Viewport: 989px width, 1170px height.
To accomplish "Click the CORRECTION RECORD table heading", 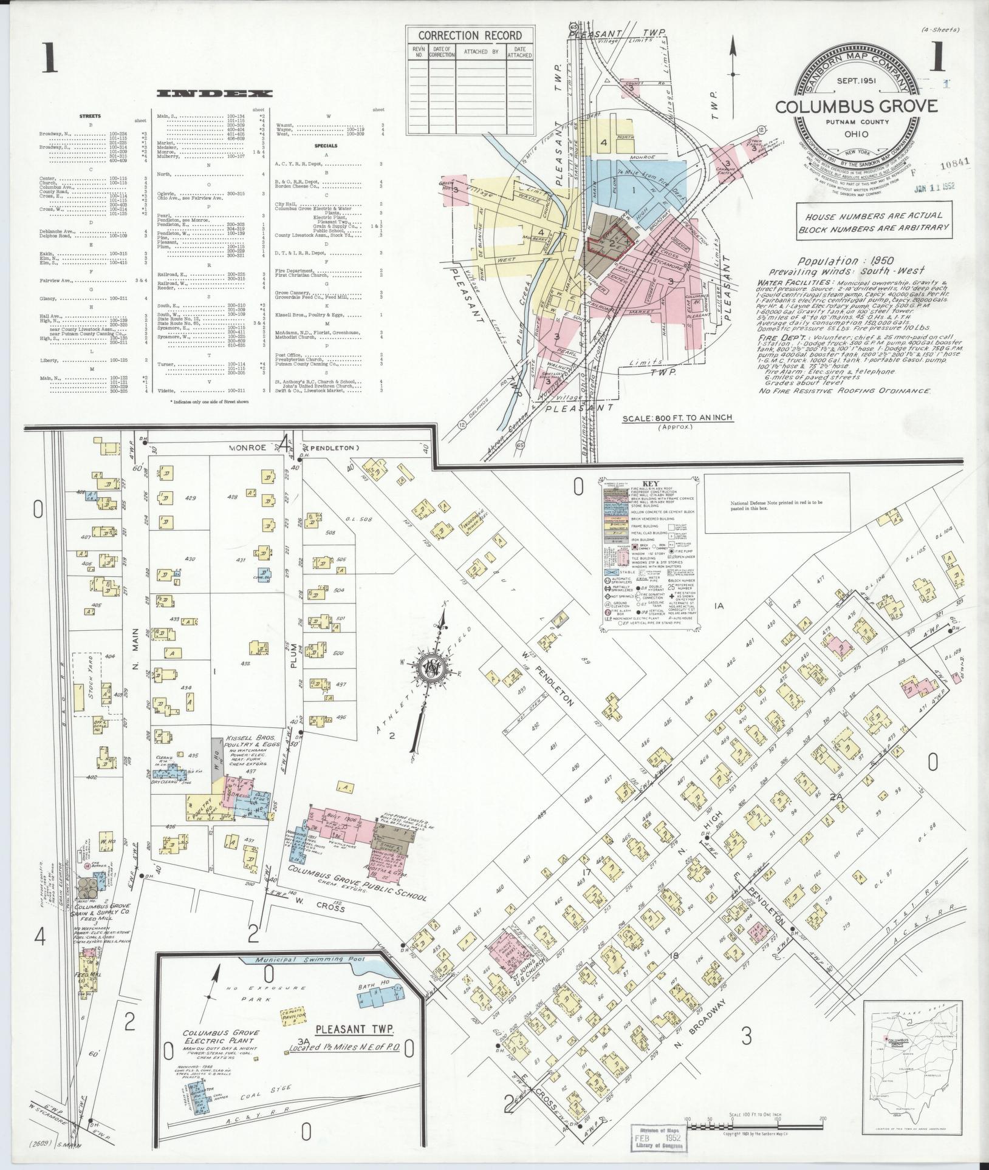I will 470,35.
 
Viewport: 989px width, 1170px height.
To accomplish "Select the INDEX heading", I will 214,94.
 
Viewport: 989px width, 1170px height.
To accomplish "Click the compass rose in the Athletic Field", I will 432,667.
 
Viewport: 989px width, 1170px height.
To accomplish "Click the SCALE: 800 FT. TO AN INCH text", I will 677,418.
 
